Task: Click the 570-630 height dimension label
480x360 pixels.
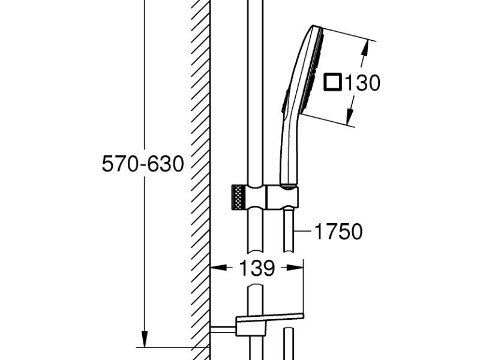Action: (x=143, y=163)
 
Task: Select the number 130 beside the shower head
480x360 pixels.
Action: (x=363, y=83)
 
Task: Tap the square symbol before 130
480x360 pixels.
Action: (x=332, y=82)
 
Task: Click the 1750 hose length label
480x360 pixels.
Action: (x=338, y=232)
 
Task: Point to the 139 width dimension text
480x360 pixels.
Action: (x=257, y=268)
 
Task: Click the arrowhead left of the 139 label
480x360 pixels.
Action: (x=218, y=268)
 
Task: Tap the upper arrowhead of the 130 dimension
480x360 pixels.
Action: (x=365, y=49)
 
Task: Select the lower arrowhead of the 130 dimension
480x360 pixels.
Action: (x=350, y=116)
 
